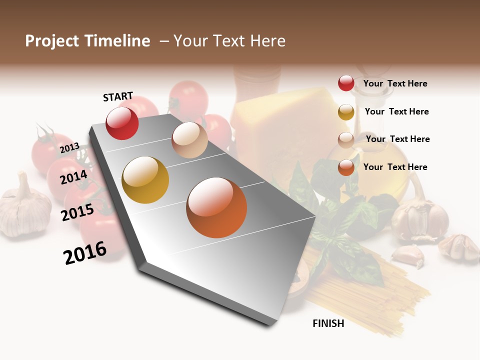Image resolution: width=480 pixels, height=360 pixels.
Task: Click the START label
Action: [x=118, y=96]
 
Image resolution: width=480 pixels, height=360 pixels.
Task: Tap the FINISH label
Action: [x=328, y=323]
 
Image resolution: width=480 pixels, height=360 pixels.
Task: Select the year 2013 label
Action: [x=69, y=148]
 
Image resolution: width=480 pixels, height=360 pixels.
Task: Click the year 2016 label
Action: [x=85, y=252]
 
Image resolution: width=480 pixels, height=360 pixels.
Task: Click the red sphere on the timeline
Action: [x=122, y=123]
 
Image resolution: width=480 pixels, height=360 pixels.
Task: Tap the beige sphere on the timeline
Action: [x=189, y=140]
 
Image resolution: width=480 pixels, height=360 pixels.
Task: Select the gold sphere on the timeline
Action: [x=145, y=180]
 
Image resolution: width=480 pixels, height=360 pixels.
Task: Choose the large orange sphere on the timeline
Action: [x=216, y=207]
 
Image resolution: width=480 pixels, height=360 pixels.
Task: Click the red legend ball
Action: [x=346, y=83]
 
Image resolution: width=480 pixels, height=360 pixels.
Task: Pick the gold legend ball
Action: [x=346, y=112]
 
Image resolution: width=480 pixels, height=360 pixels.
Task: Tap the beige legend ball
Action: [x=346, y=139]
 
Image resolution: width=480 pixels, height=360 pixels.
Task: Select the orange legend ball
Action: [x=346, y=167]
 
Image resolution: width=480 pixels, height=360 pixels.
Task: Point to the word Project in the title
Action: [x=52, y=41]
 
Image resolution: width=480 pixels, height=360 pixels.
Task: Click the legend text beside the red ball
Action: [x=395, y=84]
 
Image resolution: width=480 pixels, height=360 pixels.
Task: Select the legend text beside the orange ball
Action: [x=395, y=167]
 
